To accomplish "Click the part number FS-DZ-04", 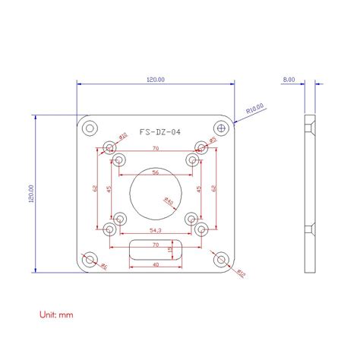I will tap(159, 132).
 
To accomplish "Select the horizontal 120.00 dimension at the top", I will tap(154, 80).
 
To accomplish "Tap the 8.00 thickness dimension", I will tap(289, 80).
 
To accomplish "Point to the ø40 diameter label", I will tap(169, 201).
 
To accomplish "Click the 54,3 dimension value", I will tap(155, 229).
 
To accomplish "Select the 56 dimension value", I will tap(155, 172).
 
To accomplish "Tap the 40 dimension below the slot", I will tap(155, 265).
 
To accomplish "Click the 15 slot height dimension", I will tap(170, 250).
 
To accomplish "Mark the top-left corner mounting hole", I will tap(90, 127).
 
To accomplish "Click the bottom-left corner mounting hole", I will tap(90, 261).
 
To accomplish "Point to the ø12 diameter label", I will tap(241, 271).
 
